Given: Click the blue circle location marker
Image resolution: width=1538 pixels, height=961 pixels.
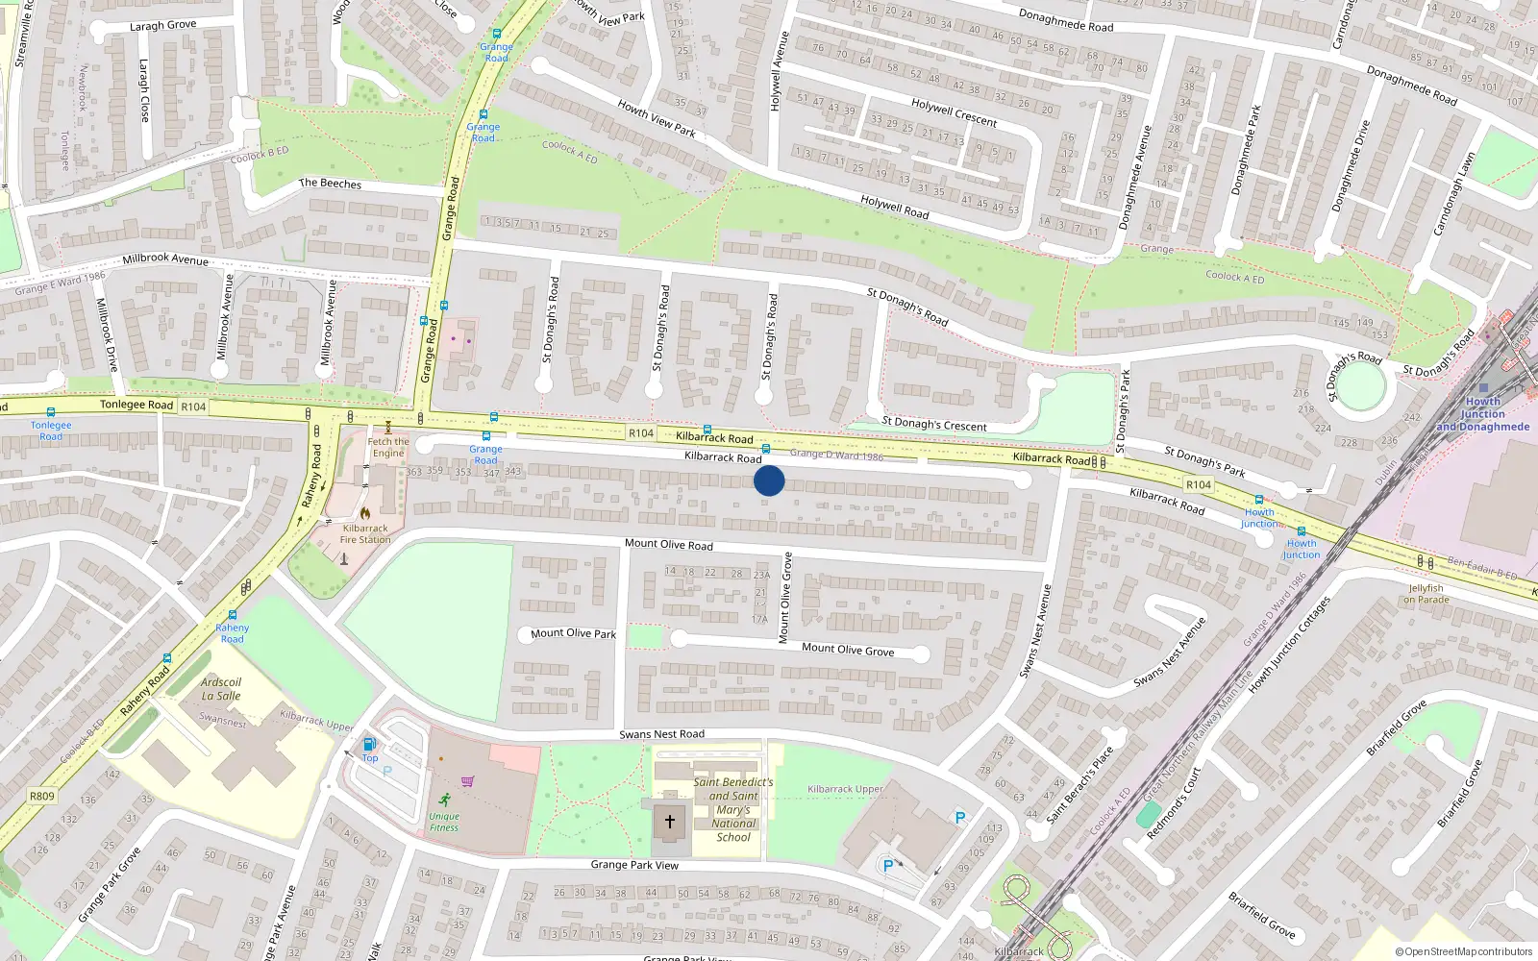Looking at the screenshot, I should [769, 480].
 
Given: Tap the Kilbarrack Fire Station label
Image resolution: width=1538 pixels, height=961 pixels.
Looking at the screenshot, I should [365, 534].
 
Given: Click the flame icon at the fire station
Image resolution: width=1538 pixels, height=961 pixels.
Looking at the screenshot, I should [365, 513].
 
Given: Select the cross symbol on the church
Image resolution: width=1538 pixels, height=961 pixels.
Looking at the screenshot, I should [670, 822].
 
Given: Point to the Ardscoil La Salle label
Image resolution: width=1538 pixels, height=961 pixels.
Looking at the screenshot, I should [221, 689].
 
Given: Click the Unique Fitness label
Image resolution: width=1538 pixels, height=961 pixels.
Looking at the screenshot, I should [444, 822].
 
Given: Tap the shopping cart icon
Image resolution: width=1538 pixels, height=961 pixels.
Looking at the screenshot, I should [467, 781].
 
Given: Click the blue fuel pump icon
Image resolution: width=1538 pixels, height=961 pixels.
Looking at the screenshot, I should [368, 744].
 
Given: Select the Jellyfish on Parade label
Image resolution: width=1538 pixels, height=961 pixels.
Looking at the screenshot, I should [1426, 594].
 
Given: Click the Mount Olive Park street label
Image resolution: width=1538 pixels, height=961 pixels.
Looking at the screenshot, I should [573, 633].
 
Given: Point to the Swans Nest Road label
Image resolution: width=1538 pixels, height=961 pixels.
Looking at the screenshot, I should [661, 734].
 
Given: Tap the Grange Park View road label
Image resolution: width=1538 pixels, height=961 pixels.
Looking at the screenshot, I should [634, 865].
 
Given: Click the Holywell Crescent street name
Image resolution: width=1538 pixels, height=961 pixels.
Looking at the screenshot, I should [955, 112].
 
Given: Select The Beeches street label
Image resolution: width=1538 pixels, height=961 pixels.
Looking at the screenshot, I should [330, 184].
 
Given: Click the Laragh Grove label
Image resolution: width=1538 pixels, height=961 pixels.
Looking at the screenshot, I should [163, 26].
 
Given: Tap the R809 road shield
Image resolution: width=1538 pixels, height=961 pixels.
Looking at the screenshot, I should [42, 796].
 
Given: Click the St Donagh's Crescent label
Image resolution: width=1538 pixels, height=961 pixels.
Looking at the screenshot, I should [934, 425].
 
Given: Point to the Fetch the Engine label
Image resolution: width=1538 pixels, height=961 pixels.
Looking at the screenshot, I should [388, 448].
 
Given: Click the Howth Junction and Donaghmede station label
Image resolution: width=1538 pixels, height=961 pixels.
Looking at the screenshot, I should [1483, 414].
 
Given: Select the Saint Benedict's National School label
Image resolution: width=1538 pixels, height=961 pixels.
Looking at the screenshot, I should [733, 809].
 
